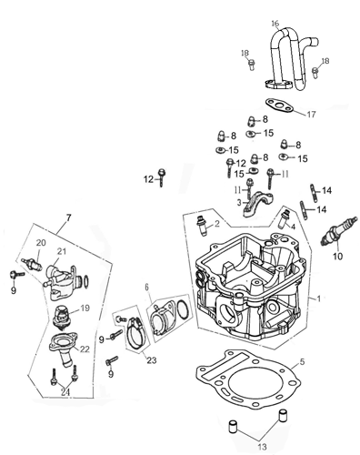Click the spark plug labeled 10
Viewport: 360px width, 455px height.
(339, 232)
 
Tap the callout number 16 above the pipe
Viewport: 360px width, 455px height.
(275, 24)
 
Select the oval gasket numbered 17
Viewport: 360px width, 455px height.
(280, 106)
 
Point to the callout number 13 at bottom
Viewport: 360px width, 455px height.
(263, 447)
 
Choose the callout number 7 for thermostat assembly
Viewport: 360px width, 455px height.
(68, 217)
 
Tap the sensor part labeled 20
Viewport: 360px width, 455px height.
(32, 264)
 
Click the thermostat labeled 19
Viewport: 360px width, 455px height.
(62, 318)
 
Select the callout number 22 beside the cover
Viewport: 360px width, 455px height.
(85, 349)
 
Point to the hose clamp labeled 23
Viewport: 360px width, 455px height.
(135, 333)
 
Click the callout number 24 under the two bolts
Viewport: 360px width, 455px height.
(65, 392)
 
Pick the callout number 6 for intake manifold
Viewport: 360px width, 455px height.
(147, 287)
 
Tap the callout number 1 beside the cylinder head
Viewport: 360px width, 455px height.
(318, 298)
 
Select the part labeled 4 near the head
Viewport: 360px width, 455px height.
(285, 219)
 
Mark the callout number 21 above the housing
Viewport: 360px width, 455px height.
(62, 251)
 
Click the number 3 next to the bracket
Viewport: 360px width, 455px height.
(239, 202)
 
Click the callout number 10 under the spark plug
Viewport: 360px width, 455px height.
(337, 256)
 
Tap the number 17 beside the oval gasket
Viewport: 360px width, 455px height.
(311, 115)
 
